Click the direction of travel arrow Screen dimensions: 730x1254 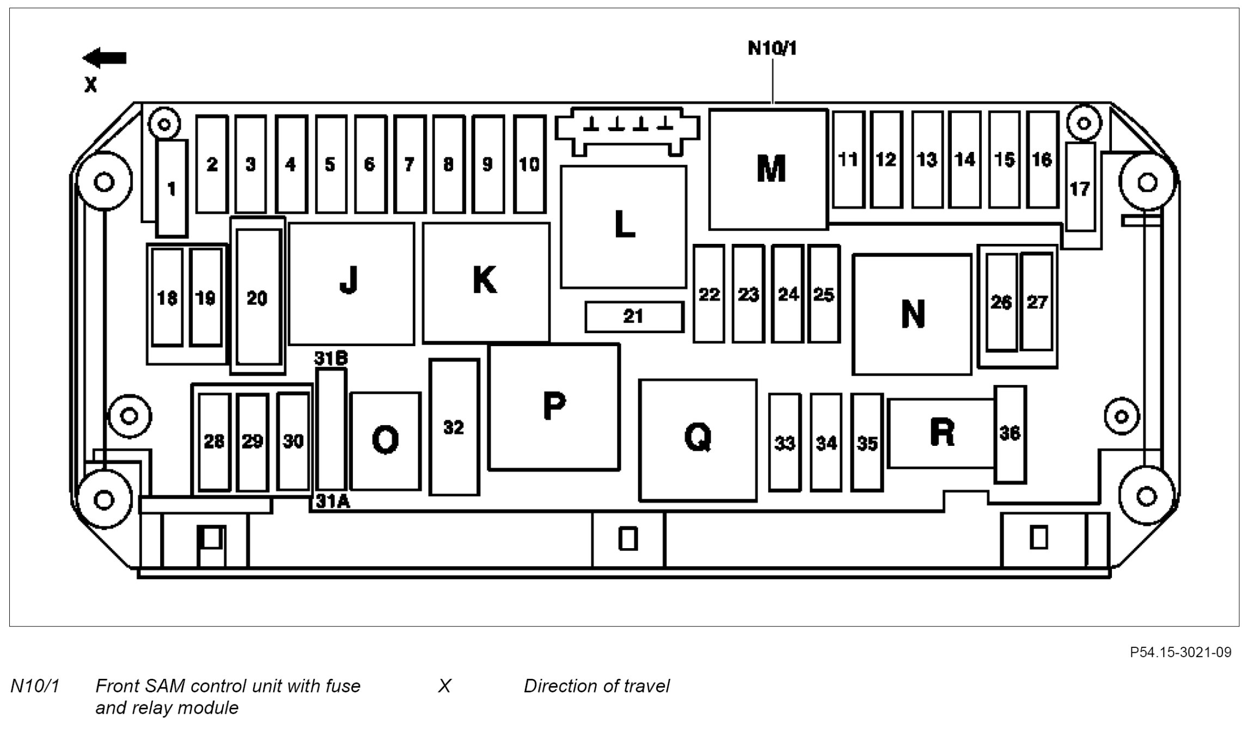(105, 58)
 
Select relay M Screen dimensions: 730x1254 (768, 169)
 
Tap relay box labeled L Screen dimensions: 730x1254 (623, 226)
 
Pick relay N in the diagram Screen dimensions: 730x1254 (912, 314)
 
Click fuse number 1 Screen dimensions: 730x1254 (172, 188)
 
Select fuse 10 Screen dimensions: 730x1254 (529, 164)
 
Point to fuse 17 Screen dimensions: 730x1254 (1080, 188)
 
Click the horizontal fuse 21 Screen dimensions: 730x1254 (634, 316)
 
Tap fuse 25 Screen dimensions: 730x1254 (823, 294)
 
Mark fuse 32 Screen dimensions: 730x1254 (454, 427)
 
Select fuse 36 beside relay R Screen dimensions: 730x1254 (1010, 434)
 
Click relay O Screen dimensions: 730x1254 (386, 440)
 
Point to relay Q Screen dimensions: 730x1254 (698, 439)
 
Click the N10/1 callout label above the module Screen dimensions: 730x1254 (772, 48)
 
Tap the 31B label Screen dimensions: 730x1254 (331, 358)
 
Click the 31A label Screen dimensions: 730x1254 (333, 501)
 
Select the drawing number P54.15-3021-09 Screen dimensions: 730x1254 (1180, 652)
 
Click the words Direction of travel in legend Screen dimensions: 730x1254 (596, 686)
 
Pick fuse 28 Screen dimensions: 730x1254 (214, 441)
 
